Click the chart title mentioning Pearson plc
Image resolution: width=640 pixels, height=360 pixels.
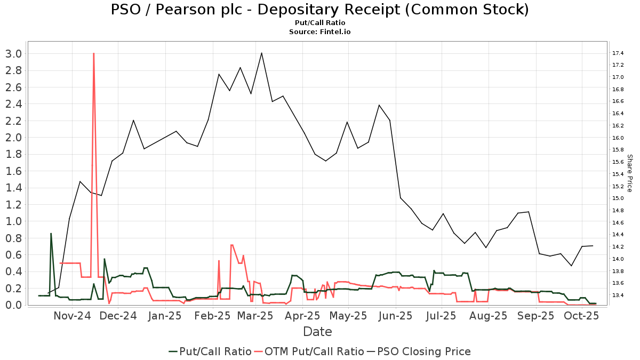point(319,10)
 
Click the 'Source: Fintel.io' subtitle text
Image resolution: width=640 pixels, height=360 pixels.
point(319,32)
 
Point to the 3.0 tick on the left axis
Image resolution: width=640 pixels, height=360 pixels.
point(13,53)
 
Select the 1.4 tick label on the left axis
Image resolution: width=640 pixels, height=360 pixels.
point(13,188)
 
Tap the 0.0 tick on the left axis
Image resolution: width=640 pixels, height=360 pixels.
point(13,305)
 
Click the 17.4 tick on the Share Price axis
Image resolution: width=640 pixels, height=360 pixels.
point(619,53)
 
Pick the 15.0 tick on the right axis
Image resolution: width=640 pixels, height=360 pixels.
point(619,198)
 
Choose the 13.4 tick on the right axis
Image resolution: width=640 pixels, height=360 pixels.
point(619,295)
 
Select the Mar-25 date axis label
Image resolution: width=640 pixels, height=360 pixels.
point(255,316)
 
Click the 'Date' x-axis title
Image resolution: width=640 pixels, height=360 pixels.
point(317,332)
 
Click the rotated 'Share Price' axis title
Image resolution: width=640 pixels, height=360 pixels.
point(629,173)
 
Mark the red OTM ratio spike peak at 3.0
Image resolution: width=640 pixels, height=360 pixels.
point(93,53)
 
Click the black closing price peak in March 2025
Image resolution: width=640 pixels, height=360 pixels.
point(261,53)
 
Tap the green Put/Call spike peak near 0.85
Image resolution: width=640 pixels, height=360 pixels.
point(51,234)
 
